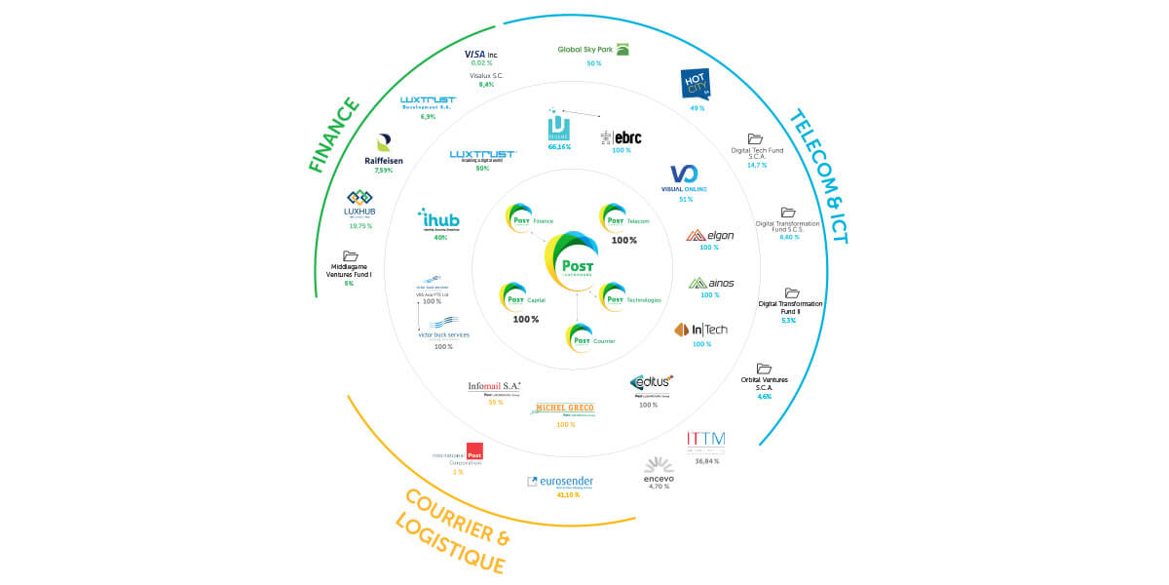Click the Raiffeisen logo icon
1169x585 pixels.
(383, 143)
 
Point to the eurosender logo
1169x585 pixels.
(560, 482)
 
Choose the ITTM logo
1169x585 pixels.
(705, 441)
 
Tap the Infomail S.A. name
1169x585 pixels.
(495, 386)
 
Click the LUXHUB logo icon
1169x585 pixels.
(359, 197)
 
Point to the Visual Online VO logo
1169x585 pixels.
(685, 174)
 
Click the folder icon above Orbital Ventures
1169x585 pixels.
(764, 369)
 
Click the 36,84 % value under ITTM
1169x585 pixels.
(706, 460)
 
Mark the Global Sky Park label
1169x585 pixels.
(584, 50)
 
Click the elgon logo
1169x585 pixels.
(710, 235)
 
